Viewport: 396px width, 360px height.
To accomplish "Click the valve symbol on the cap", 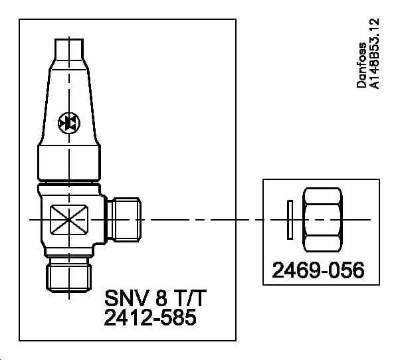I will [68, 122].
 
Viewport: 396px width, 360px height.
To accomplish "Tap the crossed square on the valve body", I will [68, 219].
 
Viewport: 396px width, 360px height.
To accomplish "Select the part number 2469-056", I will [318, 271].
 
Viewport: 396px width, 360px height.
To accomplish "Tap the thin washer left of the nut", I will [288, 219].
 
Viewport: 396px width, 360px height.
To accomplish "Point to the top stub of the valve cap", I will [68, 49].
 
